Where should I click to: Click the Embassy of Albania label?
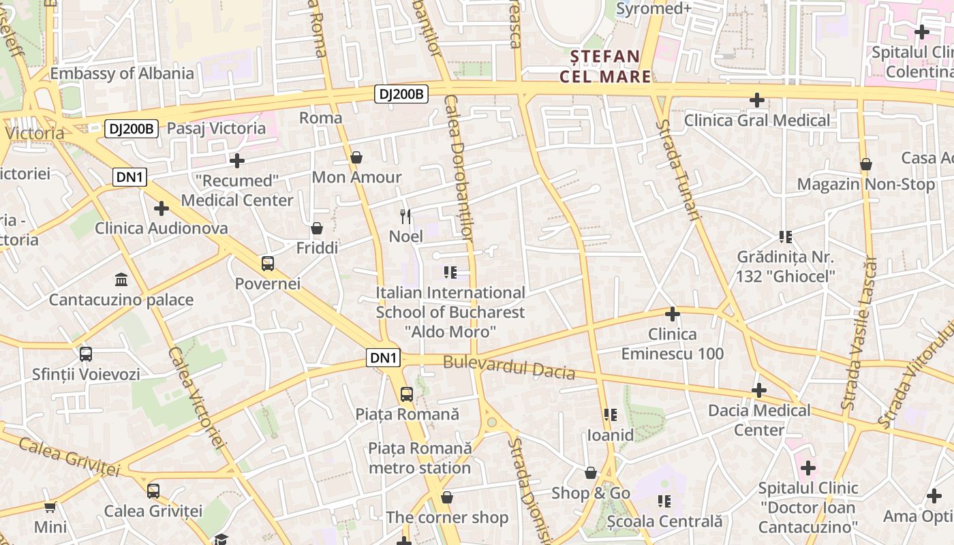[122, 74]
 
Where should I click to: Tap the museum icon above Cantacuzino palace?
[121, 279]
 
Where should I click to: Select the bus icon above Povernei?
[268, 264]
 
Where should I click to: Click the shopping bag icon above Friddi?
[317, 228]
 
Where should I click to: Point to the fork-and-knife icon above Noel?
[406, 217]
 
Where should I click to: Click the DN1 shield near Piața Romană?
[383, 358]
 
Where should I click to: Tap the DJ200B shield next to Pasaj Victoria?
[132, 128]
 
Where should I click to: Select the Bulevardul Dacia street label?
[509, 367]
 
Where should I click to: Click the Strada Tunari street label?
[678, 170]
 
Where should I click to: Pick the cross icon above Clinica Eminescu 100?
[673, 314]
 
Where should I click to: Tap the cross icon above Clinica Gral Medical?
[756, 101]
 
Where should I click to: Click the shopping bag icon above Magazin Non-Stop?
[866, 164]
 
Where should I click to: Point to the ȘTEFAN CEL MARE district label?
[600, 66]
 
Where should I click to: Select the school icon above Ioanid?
[610, 415]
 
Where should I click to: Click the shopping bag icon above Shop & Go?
[591, 473]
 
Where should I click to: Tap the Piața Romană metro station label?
[420, 458]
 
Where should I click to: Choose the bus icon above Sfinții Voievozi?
[86, 354]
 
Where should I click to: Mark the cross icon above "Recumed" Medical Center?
[237, 161]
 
